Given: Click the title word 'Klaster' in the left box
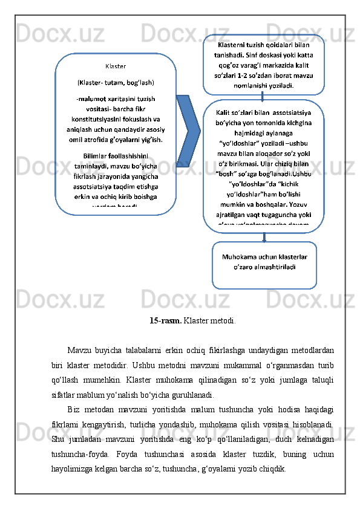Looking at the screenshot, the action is (116, 66).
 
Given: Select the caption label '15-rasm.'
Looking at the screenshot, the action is (165, 320).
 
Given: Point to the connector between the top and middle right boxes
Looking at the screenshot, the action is (262, 97).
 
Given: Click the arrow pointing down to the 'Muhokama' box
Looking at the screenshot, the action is (264, 237).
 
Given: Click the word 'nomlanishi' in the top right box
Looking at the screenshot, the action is (247, 85).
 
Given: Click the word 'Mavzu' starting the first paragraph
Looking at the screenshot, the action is (80, 351).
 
